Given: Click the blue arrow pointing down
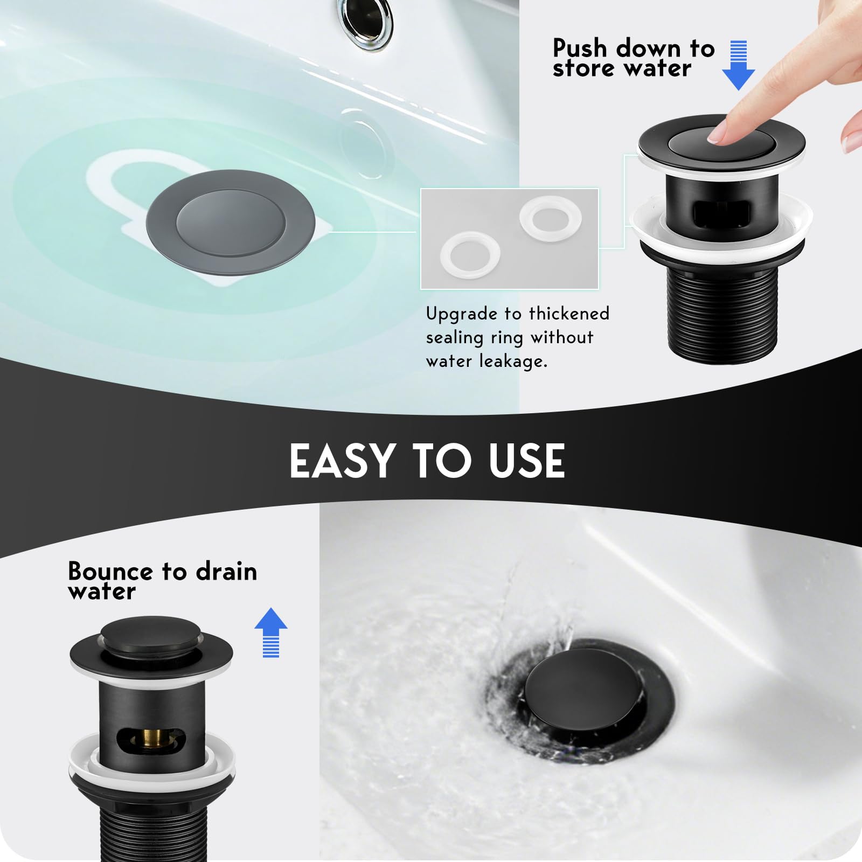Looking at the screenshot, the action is click(738, 65).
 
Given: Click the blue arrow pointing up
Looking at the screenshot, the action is click(270, 632).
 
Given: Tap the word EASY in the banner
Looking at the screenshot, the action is click(342, 461).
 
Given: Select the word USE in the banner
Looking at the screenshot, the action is click(527, 461).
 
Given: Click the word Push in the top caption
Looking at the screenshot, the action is click(580, 48).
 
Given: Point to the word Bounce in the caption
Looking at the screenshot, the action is click(110, 571).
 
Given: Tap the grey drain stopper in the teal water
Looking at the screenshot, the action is click(230, 223).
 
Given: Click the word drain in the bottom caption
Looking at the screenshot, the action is click(227, 571).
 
